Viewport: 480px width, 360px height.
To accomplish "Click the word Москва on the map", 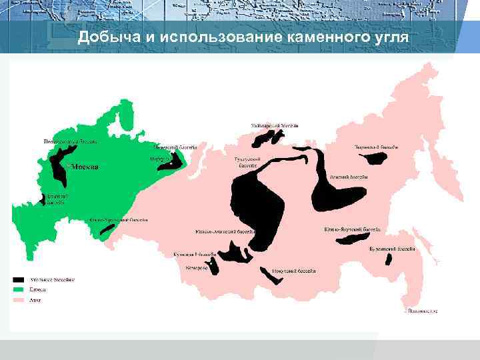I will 85,167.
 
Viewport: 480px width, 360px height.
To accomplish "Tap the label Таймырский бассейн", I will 275,125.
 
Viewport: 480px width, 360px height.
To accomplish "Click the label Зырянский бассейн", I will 376,146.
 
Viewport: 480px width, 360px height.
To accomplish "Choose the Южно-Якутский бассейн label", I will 353,229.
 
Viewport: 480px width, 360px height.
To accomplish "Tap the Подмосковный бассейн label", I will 71,141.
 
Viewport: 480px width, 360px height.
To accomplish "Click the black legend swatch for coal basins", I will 19,279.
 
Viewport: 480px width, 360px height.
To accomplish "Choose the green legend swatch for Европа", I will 19,290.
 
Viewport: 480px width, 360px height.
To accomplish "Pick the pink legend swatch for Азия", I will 19,301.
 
